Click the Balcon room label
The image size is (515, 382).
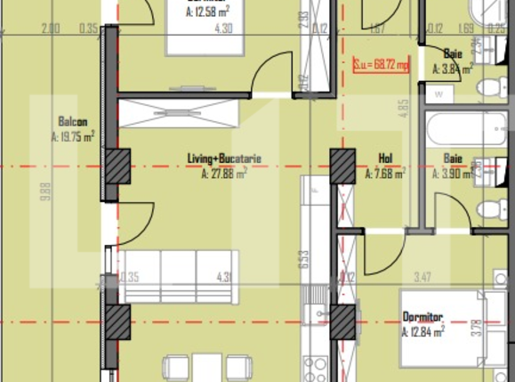point(72,121)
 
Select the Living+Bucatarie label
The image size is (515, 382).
point(224,159)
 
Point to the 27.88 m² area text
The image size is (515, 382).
point(224,175)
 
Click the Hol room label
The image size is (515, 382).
point(385,159)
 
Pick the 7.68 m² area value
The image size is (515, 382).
point(386,175)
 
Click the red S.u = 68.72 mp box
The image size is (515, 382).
point(381,65)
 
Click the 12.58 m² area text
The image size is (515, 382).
point(208,12)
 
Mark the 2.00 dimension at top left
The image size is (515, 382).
point(51,28)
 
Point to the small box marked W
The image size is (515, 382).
point(439,93)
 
